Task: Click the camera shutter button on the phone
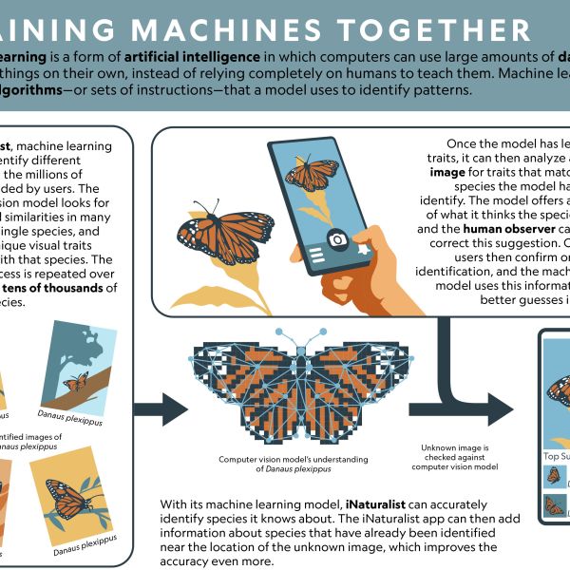point(335,239)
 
